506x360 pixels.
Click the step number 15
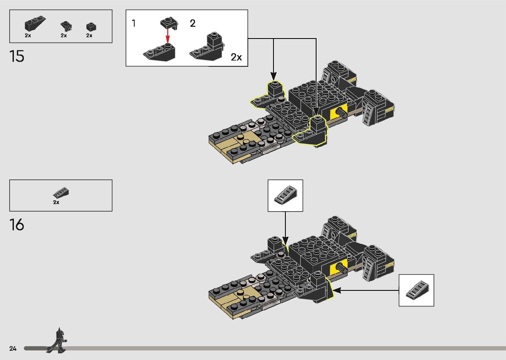pyautogui.click(x=17, y=56)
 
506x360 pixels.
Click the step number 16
pyautogui.click(x=17, y=225)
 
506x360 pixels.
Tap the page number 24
pyautogui.click(x=13, y=348)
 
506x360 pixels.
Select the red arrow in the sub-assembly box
pyautogui.click(x=168, y=35)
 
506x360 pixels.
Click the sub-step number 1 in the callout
pyautogui.click(x=134, y=23)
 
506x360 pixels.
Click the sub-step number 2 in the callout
pyautogui.click(x=193, y=23)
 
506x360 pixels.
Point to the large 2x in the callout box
pyautogui.click(x=236, y=57)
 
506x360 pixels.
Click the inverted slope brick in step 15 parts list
pyautogui.click(x=34, y=24)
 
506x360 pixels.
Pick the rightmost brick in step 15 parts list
pyautogui.click(x=91, y=26)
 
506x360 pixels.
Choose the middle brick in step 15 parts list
pyautogui.click(x=66, y=26)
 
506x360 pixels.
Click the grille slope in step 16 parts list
pyautogui.click(x=61, y=192)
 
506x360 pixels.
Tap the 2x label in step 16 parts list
pyautogui.click(x=56, y=202)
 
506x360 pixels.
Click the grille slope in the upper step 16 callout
pyautogui.click(x=286, y=195)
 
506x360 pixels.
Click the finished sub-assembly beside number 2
pyautogui.click(x=207, y=48)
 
